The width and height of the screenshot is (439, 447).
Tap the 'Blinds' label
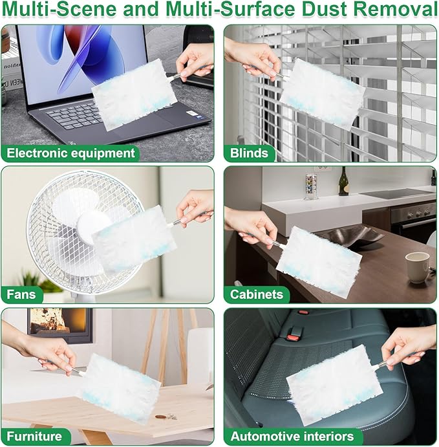pos(249,153)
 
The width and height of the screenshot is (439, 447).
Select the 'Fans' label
pos(22,294)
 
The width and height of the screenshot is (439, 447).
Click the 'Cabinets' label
pos(257,294)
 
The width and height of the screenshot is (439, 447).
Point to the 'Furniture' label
pos(35,435)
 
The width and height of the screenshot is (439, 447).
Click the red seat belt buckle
pos(294,334)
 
